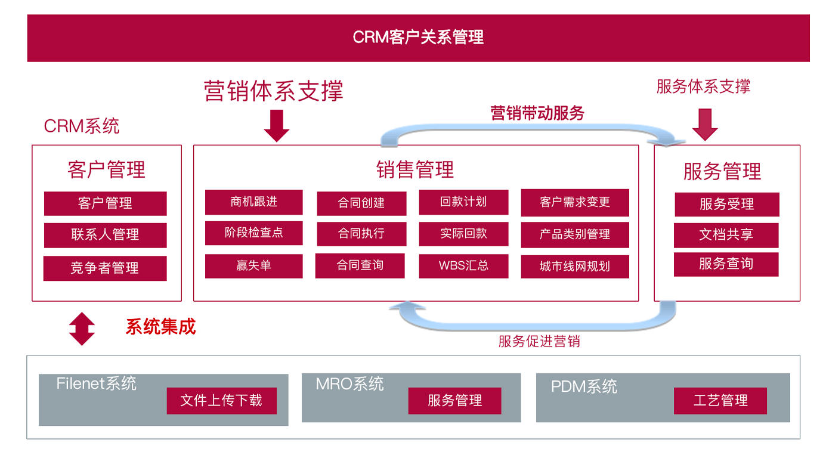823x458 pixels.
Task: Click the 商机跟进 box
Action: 253,202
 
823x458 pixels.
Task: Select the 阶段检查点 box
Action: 253,233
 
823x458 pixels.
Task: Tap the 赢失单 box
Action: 253,266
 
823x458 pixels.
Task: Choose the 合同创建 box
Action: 361,203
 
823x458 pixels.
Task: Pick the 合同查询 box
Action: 360,265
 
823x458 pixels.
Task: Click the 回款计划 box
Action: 463,202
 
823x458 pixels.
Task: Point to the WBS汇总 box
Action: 463,266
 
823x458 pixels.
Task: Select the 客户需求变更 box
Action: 575,203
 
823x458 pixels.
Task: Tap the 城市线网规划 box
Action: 575,267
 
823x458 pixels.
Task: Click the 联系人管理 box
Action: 105,235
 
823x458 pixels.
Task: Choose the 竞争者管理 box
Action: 105,268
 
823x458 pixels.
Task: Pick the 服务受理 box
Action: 727,205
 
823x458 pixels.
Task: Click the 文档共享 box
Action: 726,235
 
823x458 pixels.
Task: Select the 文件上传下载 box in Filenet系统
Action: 221,400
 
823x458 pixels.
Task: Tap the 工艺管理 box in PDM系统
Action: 720,400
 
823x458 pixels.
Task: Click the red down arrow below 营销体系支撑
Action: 276,125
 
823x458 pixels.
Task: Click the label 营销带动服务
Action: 537,113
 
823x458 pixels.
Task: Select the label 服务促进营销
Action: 539,342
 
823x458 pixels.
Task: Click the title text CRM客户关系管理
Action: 418,38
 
